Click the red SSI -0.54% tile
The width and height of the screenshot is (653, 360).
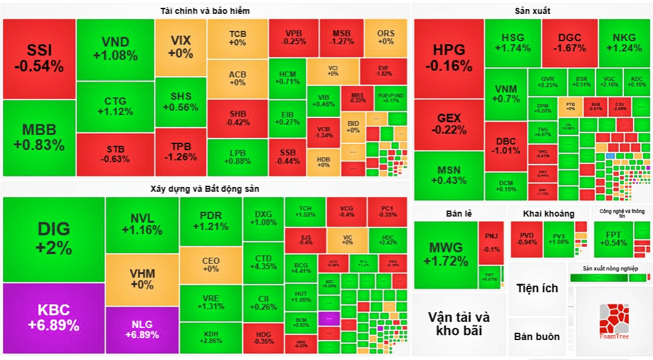point(39,59)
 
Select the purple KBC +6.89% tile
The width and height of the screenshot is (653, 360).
point(53,318)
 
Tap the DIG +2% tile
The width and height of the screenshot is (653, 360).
point(54,239)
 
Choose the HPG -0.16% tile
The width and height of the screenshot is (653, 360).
point(449,58)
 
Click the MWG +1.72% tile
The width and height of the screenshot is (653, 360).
point(446,254)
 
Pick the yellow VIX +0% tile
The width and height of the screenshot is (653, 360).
point(180,47)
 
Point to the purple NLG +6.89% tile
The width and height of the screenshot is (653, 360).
point(142,330)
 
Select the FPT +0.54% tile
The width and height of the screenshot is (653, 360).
point(613,238)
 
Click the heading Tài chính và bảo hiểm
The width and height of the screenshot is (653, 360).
point(205,11)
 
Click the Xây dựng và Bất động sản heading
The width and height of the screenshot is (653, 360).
point(204,189)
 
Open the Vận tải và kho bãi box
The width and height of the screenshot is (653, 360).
point(459,324)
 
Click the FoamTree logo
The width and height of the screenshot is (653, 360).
point(614,321)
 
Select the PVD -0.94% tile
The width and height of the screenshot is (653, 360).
point(526,238)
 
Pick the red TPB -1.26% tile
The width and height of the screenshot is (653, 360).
point(180,152)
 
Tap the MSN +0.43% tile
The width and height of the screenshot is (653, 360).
point(449,175)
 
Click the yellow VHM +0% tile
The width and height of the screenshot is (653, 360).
point(142,279)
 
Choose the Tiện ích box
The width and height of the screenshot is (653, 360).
point(537,289)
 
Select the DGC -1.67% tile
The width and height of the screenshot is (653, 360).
point(570,42)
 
